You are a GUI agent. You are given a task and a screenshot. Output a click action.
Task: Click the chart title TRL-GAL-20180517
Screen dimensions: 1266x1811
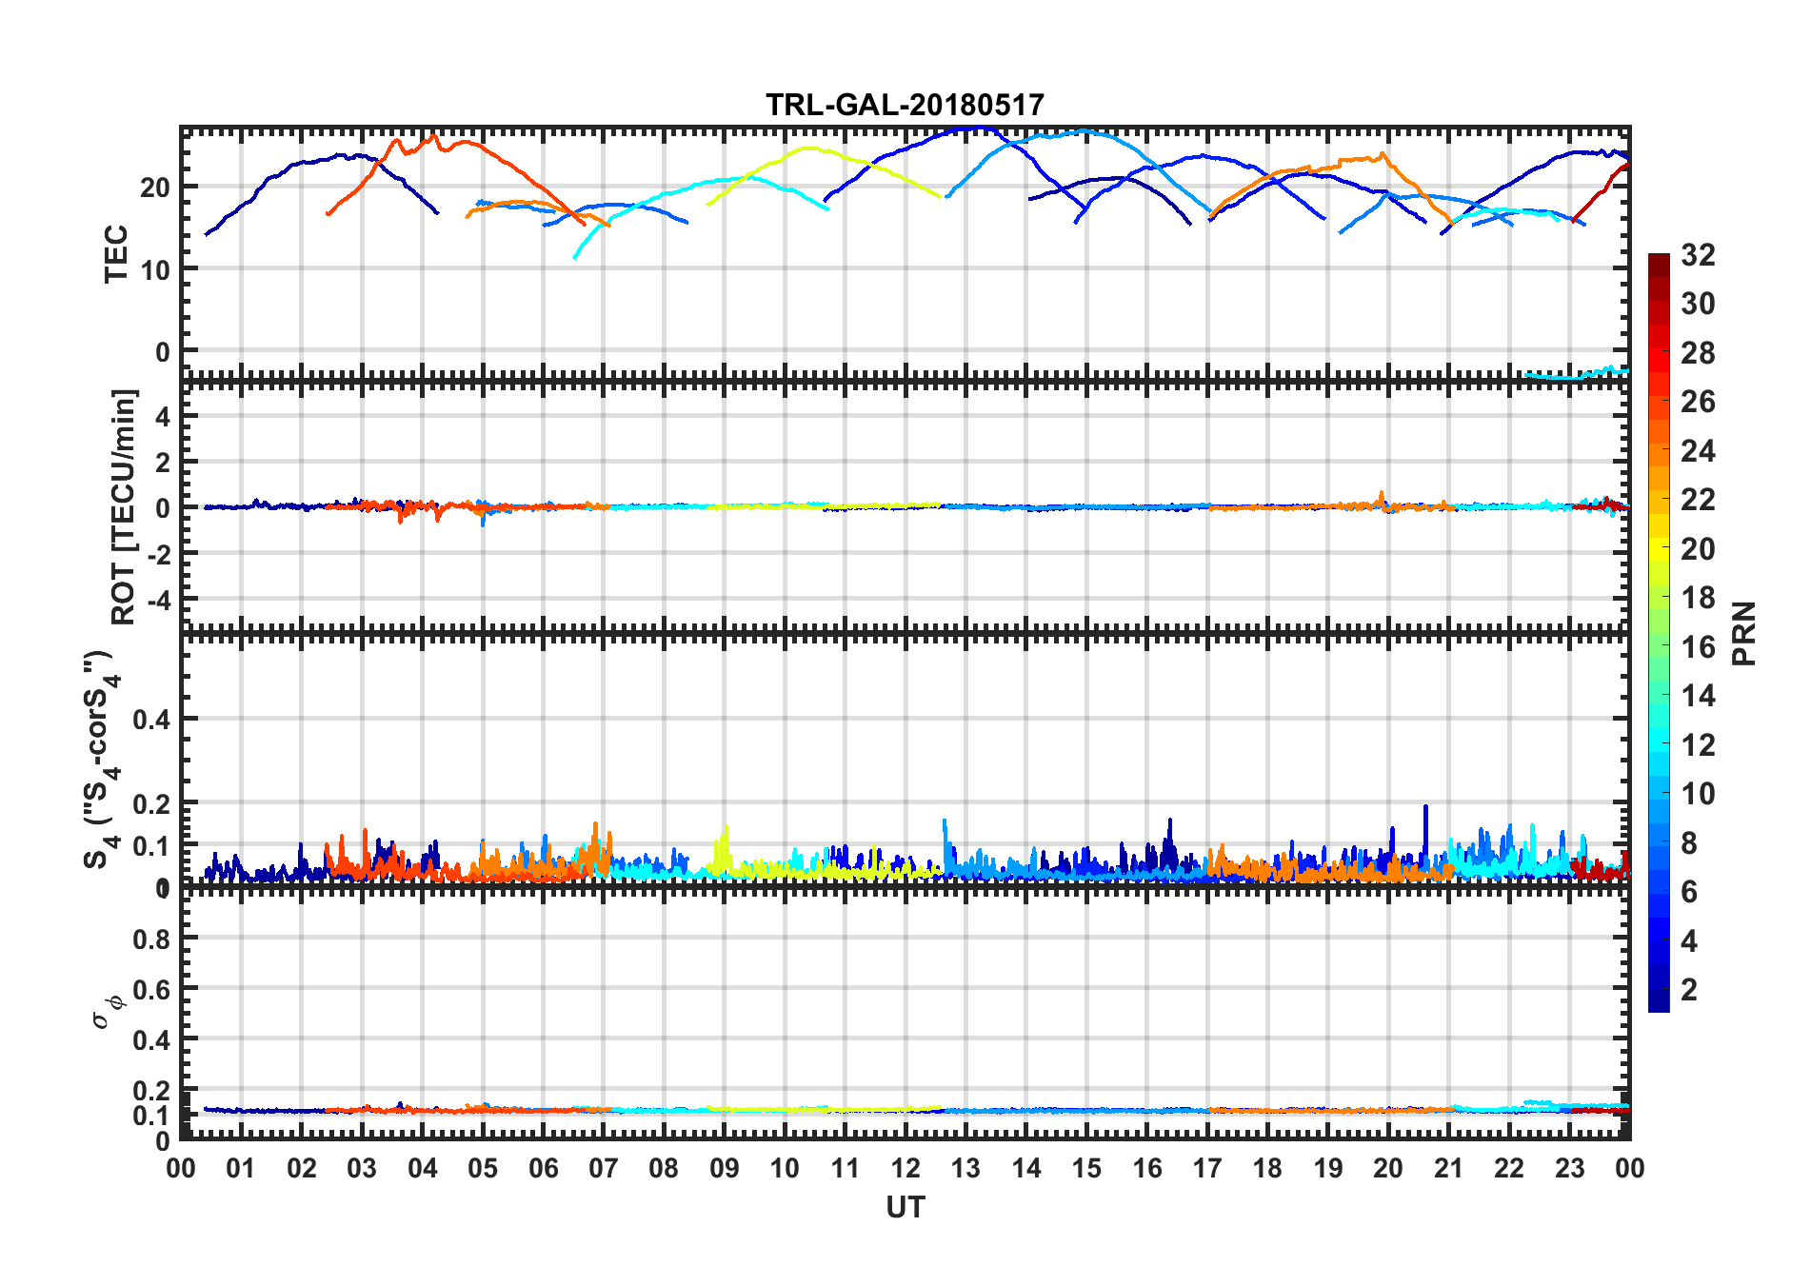point(905,104)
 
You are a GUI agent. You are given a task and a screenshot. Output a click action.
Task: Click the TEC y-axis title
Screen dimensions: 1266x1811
point(116,253)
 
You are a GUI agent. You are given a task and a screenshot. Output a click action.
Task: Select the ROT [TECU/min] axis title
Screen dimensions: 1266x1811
point(124,506)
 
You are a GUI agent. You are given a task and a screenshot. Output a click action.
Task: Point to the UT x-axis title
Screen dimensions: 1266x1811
point(905,1208)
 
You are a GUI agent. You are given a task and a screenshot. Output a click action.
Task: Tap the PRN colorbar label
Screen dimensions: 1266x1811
point(1743,633)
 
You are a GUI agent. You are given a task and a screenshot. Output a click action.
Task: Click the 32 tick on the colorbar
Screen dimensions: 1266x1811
point(1698,255)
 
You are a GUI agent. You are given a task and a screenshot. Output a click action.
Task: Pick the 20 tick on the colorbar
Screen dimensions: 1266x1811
point(1698,549)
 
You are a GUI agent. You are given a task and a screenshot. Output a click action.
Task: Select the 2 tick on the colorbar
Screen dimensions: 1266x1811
point(1689,990)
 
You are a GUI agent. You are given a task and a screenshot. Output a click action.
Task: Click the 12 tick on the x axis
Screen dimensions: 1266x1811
point(905,1168)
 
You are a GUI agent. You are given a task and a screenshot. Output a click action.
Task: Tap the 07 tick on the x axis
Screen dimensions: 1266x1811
point(604,1168)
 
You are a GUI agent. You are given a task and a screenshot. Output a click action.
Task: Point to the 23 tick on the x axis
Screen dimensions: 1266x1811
point(1569,1168)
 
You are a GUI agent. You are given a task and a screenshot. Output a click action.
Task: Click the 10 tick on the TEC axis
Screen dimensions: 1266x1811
point(154,269)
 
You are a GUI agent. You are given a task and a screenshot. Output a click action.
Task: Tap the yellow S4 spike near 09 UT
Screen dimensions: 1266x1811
point(726,828)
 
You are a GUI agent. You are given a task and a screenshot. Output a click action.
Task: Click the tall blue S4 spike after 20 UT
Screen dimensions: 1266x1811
point(1425,807)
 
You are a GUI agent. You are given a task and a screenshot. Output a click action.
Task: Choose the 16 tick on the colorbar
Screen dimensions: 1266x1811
point(1698,647)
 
